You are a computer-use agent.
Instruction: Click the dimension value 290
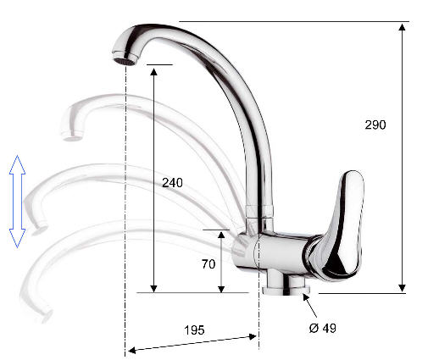tap(375, 125)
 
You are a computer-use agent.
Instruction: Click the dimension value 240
tap(172, 183)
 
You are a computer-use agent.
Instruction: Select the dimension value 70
tap(208, 264)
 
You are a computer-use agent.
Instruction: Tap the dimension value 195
tap(194, 330)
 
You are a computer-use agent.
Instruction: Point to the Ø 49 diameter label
tap(323, 328)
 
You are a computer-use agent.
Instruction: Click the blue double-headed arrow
tap(17, 202)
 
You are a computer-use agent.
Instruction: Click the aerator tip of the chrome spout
tap(125, 62)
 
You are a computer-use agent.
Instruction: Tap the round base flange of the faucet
tap(286, 291)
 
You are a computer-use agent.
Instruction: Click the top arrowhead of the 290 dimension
tap(402, 27)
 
